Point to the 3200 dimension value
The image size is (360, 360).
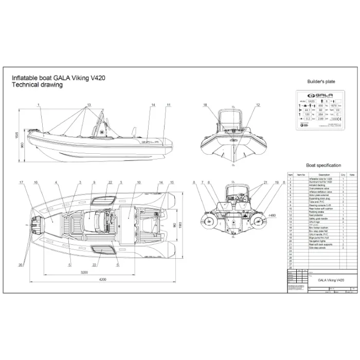click(x=80, y=271)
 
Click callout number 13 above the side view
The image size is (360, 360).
click(x=88, y=105)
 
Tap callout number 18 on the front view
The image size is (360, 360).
click(x=205, y=105)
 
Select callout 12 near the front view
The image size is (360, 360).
click(x=258, y=105)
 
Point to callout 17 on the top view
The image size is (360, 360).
click(x=22, y=183)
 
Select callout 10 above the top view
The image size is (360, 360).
click(x=139, y=183)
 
